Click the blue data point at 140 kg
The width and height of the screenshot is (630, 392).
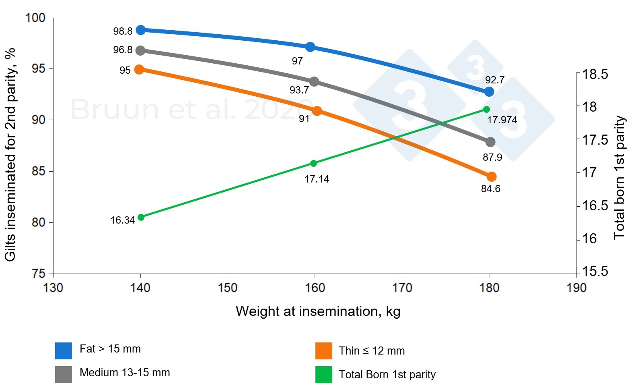coord(141,30)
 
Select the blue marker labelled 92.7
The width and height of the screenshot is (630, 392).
coord(489,92)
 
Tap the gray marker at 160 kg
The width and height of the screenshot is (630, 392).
coord(314,82)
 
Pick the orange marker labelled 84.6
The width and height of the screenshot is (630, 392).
coord(491,176)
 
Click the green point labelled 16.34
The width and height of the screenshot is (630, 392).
coord(141,217)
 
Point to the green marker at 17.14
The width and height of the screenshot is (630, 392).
coord(314,163)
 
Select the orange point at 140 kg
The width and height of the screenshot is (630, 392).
coord(139,69)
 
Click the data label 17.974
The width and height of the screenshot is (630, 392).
coord(502,120)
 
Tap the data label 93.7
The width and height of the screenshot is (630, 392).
coord(299,90)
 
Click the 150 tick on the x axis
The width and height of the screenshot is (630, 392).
coord(228,288)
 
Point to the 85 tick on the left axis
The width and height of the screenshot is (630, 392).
coord(39,171)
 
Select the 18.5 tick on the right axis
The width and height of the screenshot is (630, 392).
coord(595,75)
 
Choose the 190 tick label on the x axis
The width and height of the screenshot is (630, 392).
coord(576,288)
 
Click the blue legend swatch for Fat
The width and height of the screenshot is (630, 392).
coord(64,351)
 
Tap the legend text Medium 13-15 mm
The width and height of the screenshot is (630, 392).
coord(125,373)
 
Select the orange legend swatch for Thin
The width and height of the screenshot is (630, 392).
coord(324,351)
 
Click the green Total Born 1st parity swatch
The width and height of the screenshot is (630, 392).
coord(324,374)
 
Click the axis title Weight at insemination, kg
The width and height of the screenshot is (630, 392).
coord(318,311)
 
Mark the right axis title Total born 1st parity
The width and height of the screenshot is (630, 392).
coord(620,177)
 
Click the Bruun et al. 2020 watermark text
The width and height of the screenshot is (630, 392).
coord(189,109)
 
